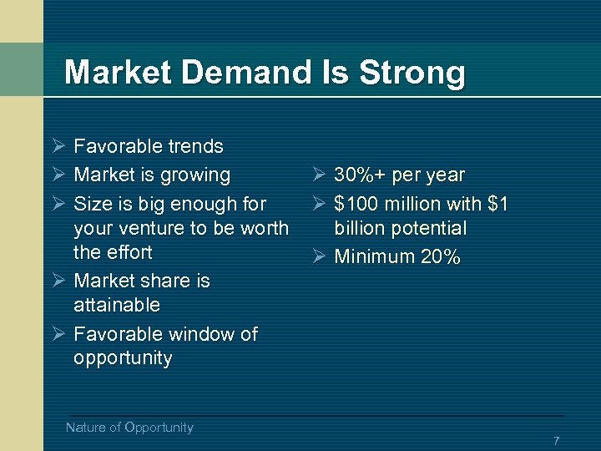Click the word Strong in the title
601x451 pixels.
(412, 73)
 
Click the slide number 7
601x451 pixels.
(556, 440)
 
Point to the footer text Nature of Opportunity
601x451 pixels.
(129, 428)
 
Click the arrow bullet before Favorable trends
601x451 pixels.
(58, 146)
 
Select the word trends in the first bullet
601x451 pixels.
(194, 147)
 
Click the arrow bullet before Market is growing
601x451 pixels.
(58, 175)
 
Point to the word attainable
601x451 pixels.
(117, 305)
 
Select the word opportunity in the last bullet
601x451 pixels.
(123, 358)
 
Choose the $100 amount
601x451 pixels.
(356, 204)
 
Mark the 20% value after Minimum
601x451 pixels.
(441, 257)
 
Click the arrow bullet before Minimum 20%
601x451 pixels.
(319, 256)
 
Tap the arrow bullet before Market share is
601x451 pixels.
(58, 280)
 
